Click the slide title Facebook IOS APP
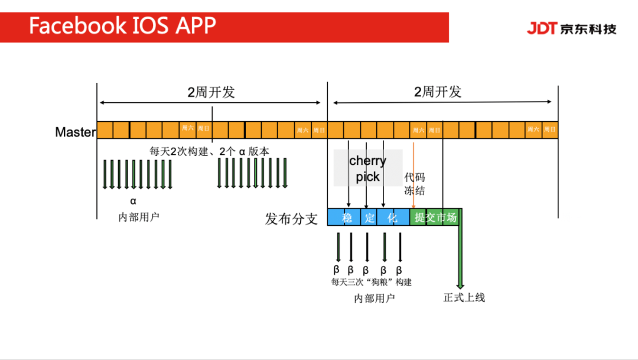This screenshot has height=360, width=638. pos(123,26)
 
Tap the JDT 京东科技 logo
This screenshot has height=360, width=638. pos(571,28)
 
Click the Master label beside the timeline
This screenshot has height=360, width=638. pos(75,132)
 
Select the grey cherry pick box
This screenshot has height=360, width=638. pos(367,168)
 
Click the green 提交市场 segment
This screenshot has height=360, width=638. pos(435,218)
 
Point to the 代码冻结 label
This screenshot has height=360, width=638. pos(414,184)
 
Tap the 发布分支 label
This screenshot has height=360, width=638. pos(291,219)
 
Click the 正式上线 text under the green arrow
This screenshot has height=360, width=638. pos(464,297)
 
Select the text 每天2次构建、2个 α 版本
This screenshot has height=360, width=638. pos(209,151)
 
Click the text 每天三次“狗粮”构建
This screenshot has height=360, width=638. pos(371,282)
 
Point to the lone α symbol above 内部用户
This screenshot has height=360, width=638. pos(133,200)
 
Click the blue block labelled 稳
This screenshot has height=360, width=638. pos(347,218)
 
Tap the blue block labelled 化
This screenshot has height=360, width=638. pos(392,218)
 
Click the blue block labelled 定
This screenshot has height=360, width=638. pos(369,218)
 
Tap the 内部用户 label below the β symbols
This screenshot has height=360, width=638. pos(375,299)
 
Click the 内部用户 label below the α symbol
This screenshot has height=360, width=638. pos(139,217)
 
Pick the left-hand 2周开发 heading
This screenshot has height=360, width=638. pos(211,92)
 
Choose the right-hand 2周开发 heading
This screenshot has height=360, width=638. pos(438,92)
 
